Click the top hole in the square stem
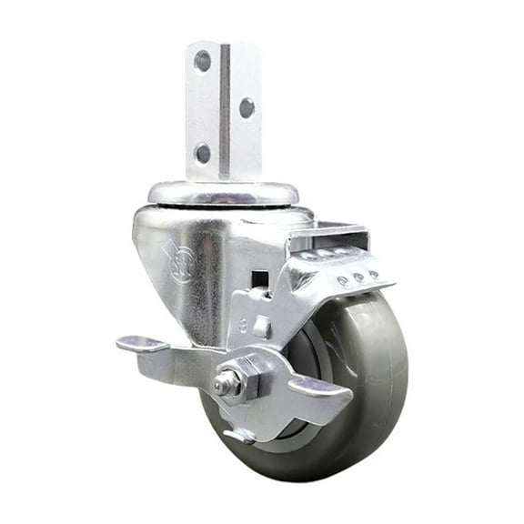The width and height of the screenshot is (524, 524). pos(202,62)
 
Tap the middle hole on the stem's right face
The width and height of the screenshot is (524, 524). pos(246,107)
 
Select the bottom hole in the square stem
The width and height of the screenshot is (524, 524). pos(202,152)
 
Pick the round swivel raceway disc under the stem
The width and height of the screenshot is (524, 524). pos(223,193)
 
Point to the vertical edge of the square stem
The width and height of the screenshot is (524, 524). pos(222,109)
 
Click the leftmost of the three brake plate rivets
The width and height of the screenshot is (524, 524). pos(342,282)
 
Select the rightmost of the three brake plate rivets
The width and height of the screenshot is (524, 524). pos(374,273)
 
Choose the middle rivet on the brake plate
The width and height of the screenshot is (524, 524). pos(358,277)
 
